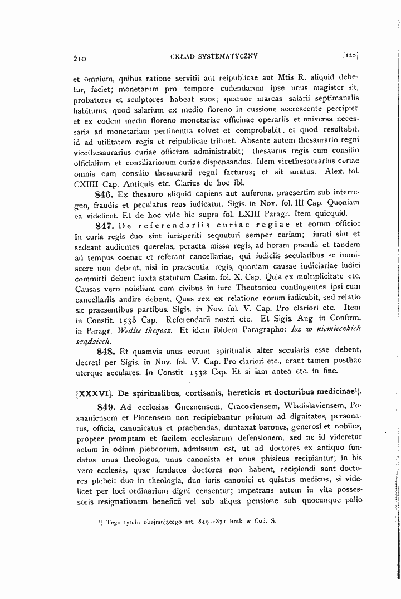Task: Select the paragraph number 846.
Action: (x=104, y=194)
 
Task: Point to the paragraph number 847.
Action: (x=105, y=226)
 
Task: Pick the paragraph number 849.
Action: (x=105, y=405)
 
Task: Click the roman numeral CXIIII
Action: (x=89, y=182)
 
